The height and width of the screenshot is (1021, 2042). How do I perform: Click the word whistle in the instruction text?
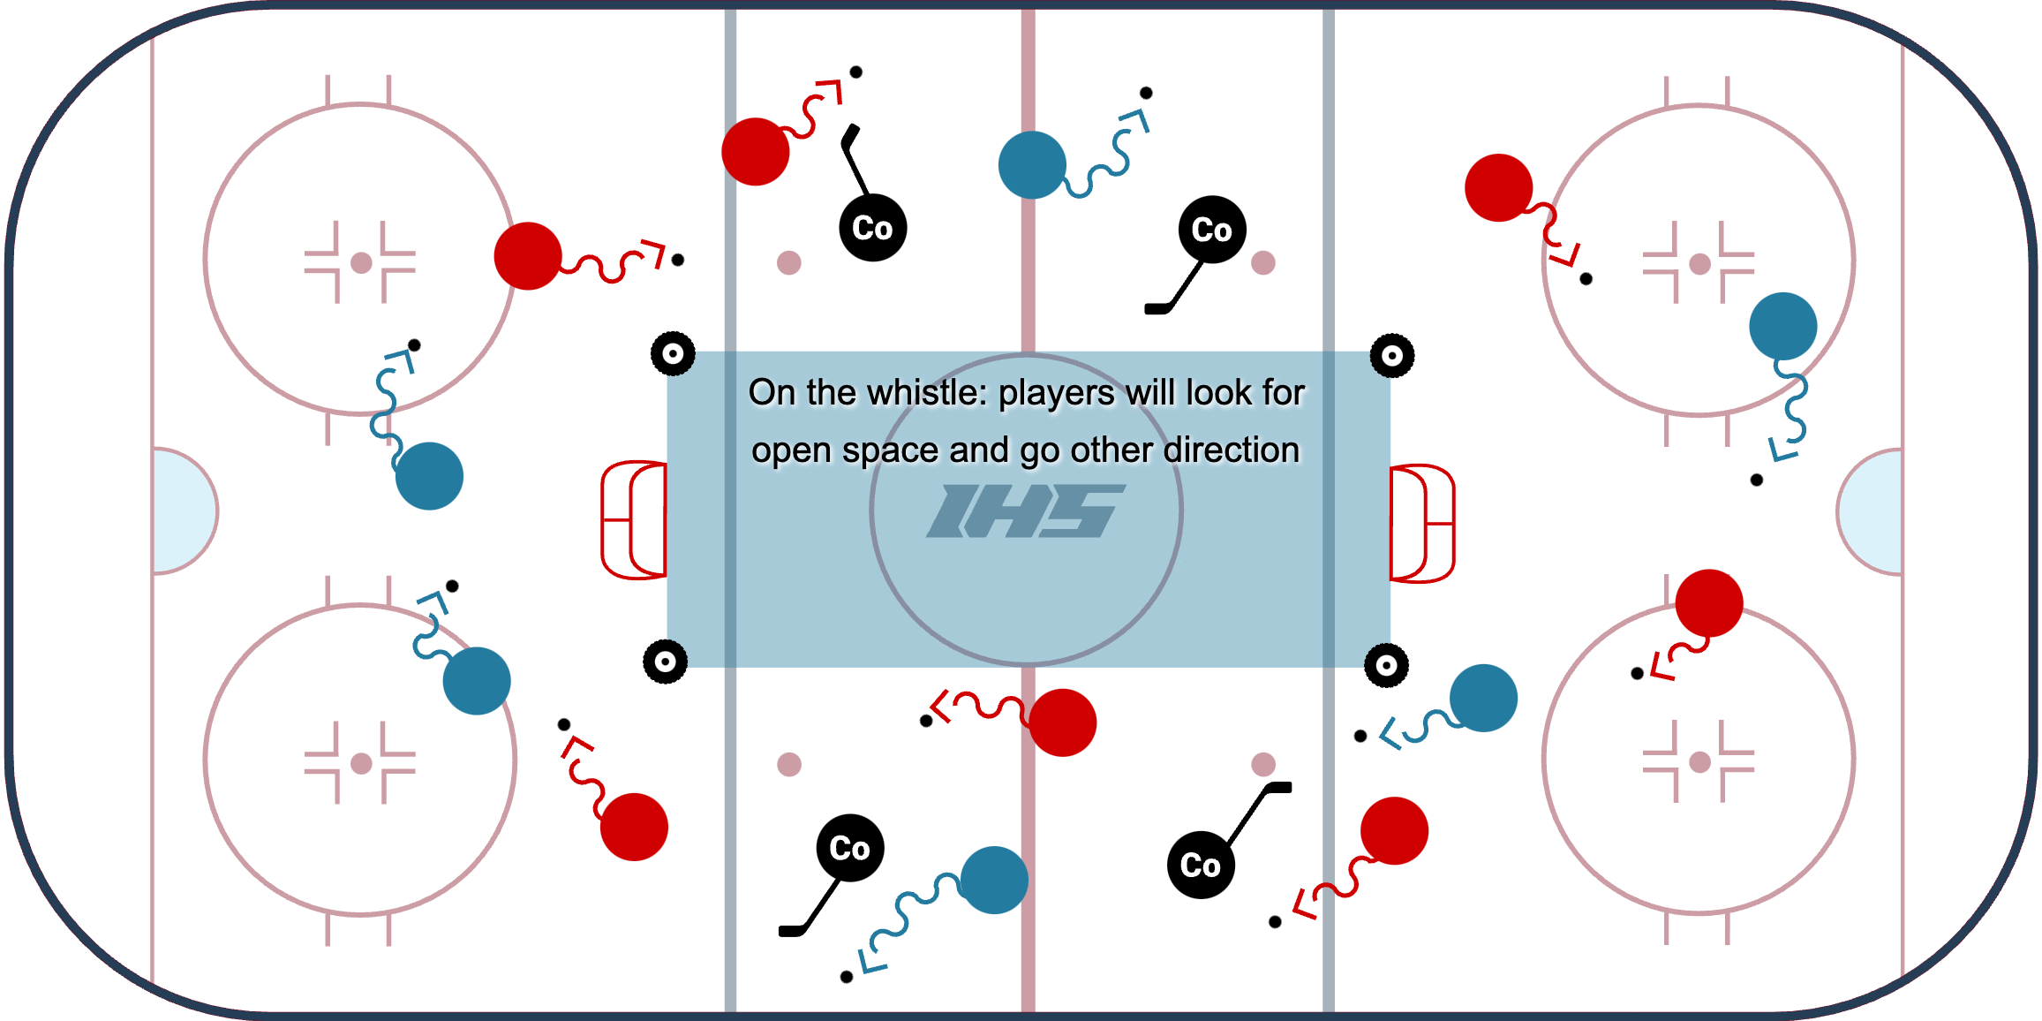coord(931,393)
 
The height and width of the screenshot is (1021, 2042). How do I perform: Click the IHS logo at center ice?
coord(1026,510)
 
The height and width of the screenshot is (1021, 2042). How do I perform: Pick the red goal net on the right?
coord(1421,523)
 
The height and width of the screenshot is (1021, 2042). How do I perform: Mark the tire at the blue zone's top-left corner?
coord(673,354)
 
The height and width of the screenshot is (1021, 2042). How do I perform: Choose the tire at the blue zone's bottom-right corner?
coord(1386,665)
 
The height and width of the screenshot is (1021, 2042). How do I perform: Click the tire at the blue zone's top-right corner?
coord(1391,356)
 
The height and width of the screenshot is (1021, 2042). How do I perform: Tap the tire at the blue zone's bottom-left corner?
coord(665,662)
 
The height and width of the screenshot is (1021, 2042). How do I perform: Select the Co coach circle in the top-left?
coord(872,228)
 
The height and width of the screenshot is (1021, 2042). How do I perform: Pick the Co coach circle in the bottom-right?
coord(1201,865)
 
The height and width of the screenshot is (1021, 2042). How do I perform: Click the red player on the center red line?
coord(1062,722)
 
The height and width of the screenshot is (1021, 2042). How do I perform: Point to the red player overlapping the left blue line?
coord(756,152)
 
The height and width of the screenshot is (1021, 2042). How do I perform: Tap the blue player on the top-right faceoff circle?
coord(1782,326)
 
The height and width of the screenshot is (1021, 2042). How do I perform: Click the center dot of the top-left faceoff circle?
coord(361,262)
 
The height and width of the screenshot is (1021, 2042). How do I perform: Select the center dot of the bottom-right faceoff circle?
coord(1699,762)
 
